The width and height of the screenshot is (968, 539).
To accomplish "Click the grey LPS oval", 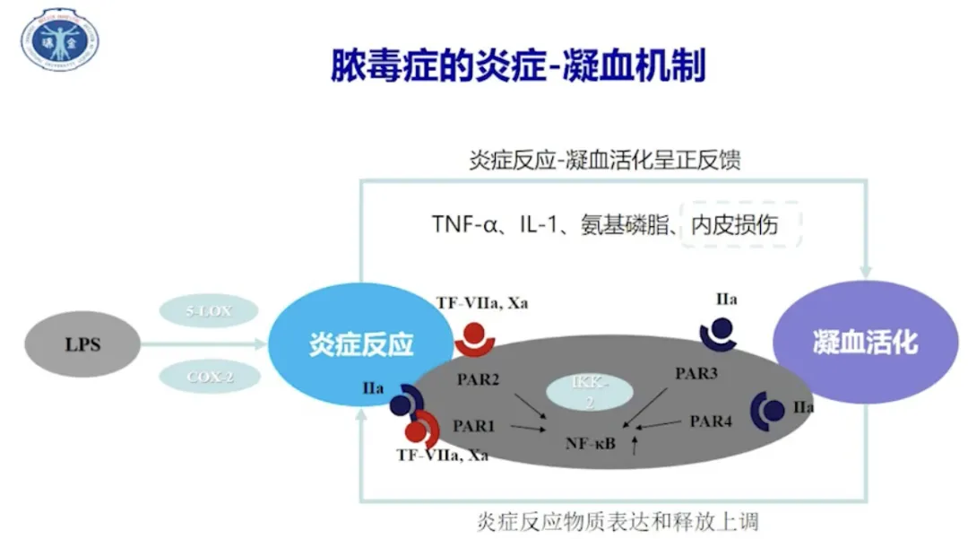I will point(82,344).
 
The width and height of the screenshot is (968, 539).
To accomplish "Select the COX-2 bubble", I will point(210,378).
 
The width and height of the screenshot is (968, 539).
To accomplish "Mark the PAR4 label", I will point(711,420).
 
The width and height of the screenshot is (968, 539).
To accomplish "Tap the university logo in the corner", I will point(61,39).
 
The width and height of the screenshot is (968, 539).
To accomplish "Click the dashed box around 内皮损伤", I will point(740,224).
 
